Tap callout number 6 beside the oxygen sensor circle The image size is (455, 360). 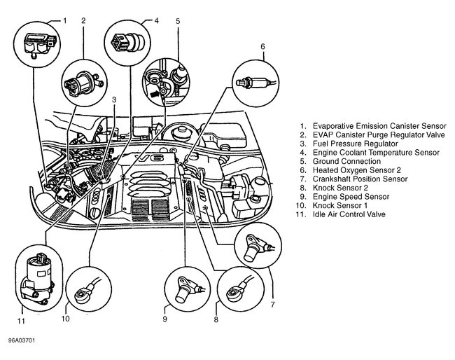click(x=262, y=47)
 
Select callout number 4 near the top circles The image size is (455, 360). click(x=157, y=20)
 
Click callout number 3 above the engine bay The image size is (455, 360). click(x=113, y=99)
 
